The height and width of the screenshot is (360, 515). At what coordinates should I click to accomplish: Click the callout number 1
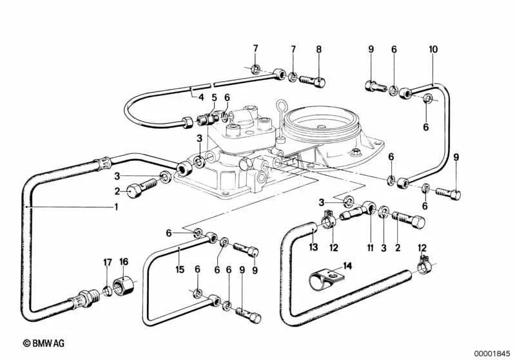[116, 207]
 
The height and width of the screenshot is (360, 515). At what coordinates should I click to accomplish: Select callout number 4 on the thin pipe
[200, 98]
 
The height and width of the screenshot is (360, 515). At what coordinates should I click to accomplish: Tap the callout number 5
[214, 98]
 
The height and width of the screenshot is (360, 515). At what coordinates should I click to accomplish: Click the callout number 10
[432, 49]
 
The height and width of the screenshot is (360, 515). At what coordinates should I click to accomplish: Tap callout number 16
[124, 261]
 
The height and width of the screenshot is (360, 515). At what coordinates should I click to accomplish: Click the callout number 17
[108, 261]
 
